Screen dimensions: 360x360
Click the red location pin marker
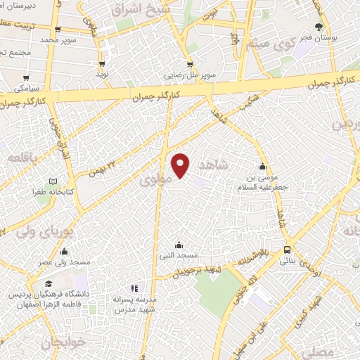[x=181, y=165]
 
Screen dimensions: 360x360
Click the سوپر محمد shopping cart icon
[x=58, y=30]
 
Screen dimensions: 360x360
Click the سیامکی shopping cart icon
[x=26, y=78]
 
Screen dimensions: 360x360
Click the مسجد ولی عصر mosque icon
[x=64, y=252]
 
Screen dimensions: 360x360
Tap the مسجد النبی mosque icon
[x=179, y=245]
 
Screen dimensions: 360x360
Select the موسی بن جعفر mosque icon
[x=262, y=167]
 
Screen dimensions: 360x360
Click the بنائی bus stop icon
[x=288, y=250]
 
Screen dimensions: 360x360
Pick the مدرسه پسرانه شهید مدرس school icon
[x=134, y=288]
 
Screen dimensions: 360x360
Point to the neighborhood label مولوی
[x=154, y=181]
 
